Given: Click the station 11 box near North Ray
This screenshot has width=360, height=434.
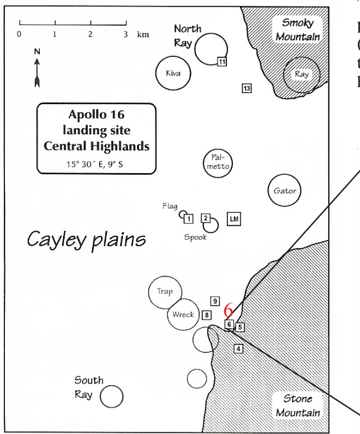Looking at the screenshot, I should [221, 61].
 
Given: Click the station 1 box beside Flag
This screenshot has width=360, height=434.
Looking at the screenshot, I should [188, 219].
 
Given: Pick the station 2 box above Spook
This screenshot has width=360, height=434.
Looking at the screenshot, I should [206, 218].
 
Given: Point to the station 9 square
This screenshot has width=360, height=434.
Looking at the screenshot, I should [215, 301].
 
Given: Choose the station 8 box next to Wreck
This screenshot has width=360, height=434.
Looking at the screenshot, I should [207, 315].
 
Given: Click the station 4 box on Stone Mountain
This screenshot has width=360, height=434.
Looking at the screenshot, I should [237, 348].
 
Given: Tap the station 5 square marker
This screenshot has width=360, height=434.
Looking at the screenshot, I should [240, 327].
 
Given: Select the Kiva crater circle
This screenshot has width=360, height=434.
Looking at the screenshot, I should [173, 73].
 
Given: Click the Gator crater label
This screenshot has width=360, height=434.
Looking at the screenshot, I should [285, 191].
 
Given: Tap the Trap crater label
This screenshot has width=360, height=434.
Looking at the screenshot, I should [164, 292].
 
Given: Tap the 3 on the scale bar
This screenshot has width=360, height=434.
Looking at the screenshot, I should [125, 34].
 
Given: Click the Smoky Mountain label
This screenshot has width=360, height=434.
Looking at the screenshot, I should [298, 30].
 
